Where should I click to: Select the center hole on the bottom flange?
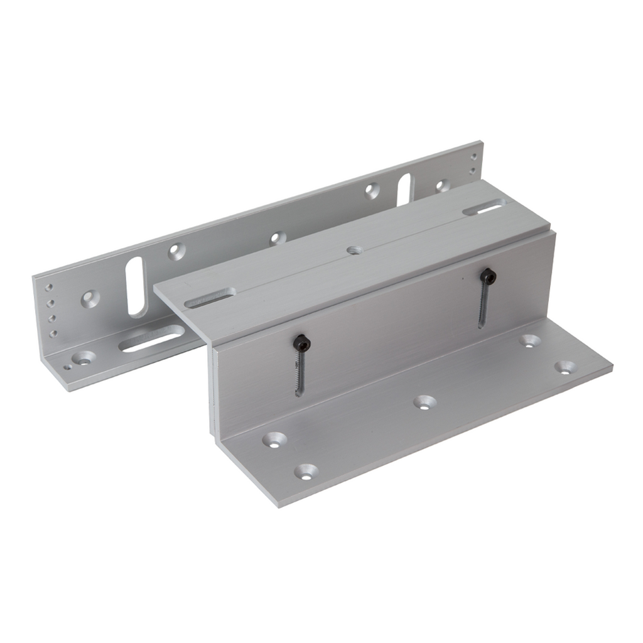tap(425, 402)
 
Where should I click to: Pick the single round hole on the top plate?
tap(355, 251)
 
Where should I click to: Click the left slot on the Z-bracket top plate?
tap(210, 297)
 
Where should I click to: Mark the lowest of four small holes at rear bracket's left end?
tap(53, 333)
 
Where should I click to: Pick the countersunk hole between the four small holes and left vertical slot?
tap(90, 298)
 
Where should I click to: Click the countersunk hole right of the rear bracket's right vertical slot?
tap(442, 185)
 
